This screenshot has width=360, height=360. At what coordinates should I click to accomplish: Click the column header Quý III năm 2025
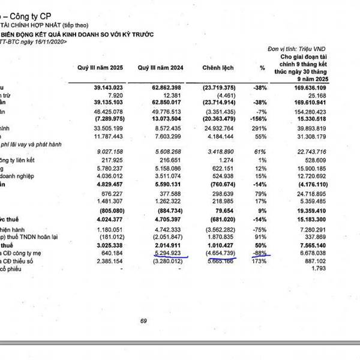tap(100, 67)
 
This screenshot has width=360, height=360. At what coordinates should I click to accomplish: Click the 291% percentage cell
tap(259, 128)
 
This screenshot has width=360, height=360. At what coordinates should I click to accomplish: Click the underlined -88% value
tap(259, 253)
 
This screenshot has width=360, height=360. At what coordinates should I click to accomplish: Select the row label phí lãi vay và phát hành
tap(30, 145)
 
